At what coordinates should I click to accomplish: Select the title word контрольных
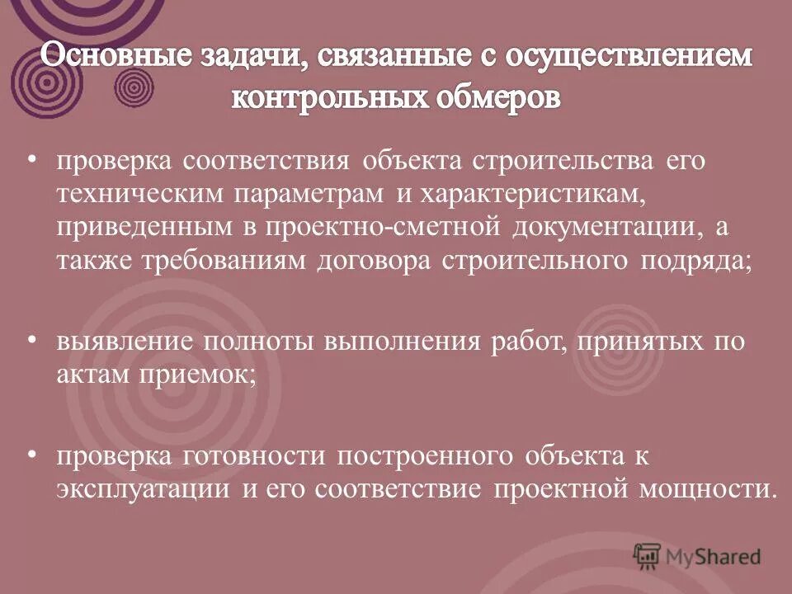click(329, 98)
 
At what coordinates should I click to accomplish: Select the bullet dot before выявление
click(32, 337)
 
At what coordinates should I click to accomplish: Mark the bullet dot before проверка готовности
click(32, 452)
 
